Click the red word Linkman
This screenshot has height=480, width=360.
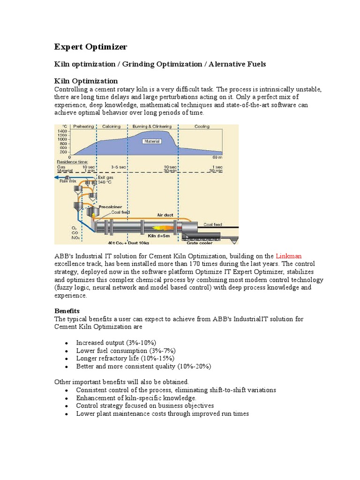coord(289,256)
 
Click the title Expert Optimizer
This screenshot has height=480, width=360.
coord(90,47)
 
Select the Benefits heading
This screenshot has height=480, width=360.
coord(67,311)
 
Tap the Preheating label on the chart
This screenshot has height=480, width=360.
coord(84,127)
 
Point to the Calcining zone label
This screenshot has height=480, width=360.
coord(111,127)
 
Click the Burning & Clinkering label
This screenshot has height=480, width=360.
coord(152,127)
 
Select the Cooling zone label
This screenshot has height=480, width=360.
coord(202,127)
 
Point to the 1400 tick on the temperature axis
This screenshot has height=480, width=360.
coord(61,131)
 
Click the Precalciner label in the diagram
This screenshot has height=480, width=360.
coord(111,205)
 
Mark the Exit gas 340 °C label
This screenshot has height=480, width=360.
coord(105,180)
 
